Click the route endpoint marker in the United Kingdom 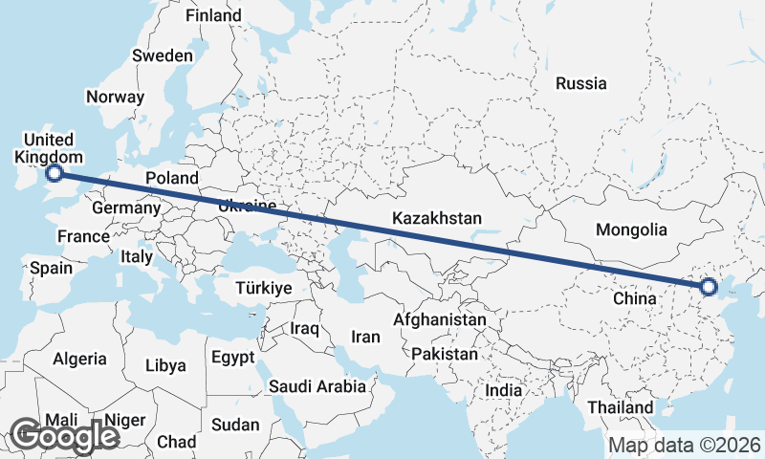tap(55, 173)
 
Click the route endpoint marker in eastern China tap(709, 286)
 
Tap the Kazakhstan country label tap(436, 219)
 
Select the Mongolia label tap(630, 229)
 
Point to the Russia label tap(581, 83)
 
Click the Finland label tap(213, 16)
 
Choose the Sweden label tap(162, 55)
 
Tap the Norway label tap(115, 97)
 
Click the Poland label tap(172, 178)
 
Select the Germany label tap(126, 208)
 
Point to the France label tap(83, 236)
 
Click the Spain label tap(51, 268)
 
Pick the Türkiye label tap(264, 288)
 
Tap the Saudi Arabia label tap(317, 386)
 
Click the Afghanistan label tap(440, 319)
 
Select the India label tap(503, 390)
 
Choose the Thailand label tap(621, 407)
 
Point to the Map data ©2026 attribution tap(685, 445)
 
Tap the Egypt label tap(232, 358)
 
